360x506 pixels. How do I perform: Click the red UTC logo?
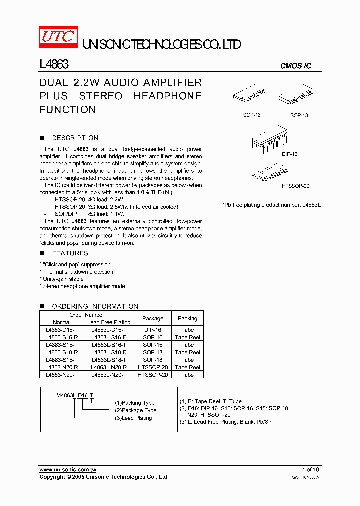pos(58,37)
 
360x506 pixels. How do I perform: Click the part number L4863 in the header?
pos(54,65)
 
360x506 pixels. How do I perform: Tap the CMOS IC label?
pos(296,66)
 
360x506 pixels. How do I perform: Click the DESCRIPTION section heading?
pos(75,138)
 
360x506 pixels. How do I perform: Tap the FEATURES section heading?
pos(70,253)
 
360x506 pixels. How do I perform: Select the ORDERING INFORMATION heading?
pos(95,306)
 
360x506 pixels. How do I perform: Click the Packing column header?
pos(187,318)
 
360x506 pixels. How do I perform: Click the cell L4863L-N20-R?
pos(109,367)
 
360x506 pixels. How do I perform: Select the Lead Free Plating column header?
pos(109,322)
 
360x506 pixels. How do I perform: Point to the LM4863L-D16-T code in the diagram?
pos(73,395)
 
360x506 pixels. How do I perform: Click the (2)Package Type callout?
pos(135,410)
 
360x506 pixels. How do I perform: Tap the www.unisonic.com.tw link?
pos(68,469)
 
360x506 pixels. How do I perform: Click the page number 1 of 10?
pos(310,469)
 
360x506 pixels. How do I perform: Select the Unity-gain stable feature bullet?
pos(63,279)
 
